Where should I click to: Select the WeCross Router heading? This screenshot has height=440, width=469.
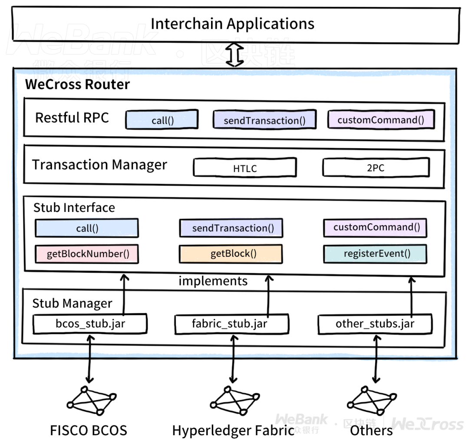click(77, 84)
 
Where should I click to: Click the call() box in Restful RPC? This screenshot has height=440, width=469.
click(162, 120)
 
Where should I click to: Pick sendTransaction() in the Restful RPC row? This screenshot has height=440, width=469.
click(264, 120)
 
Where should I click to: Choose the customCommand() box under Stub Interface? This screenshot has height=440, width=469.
click(375, 228)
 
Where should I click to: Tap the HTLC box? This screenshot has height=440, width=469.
click(245, 168)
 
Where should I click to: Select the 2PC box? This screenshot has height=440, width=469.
click(376, 167)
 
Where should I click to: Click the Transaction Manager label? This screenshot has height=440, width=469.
click(99, 165)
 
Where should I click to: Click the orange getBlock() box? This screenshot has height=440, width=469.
click(231, 254)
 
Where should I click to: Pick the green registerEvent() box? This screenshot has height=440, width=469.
click(375, 253)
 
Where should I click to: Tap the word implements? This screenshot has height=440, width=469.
click(213, 281)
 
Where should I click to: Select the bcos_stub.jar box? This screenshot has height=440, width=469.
click(90, 324)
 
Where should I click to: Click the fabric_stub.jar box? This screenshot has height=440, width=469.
click(231, 324)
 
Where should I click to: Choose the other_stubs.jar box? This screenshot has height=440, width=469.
click(375, 324)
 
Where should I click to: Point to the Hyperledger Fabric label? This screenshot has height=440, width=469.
click(233, 430)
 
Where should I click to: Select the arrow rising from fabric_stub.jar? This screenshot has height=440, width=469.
click(269, 295)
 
